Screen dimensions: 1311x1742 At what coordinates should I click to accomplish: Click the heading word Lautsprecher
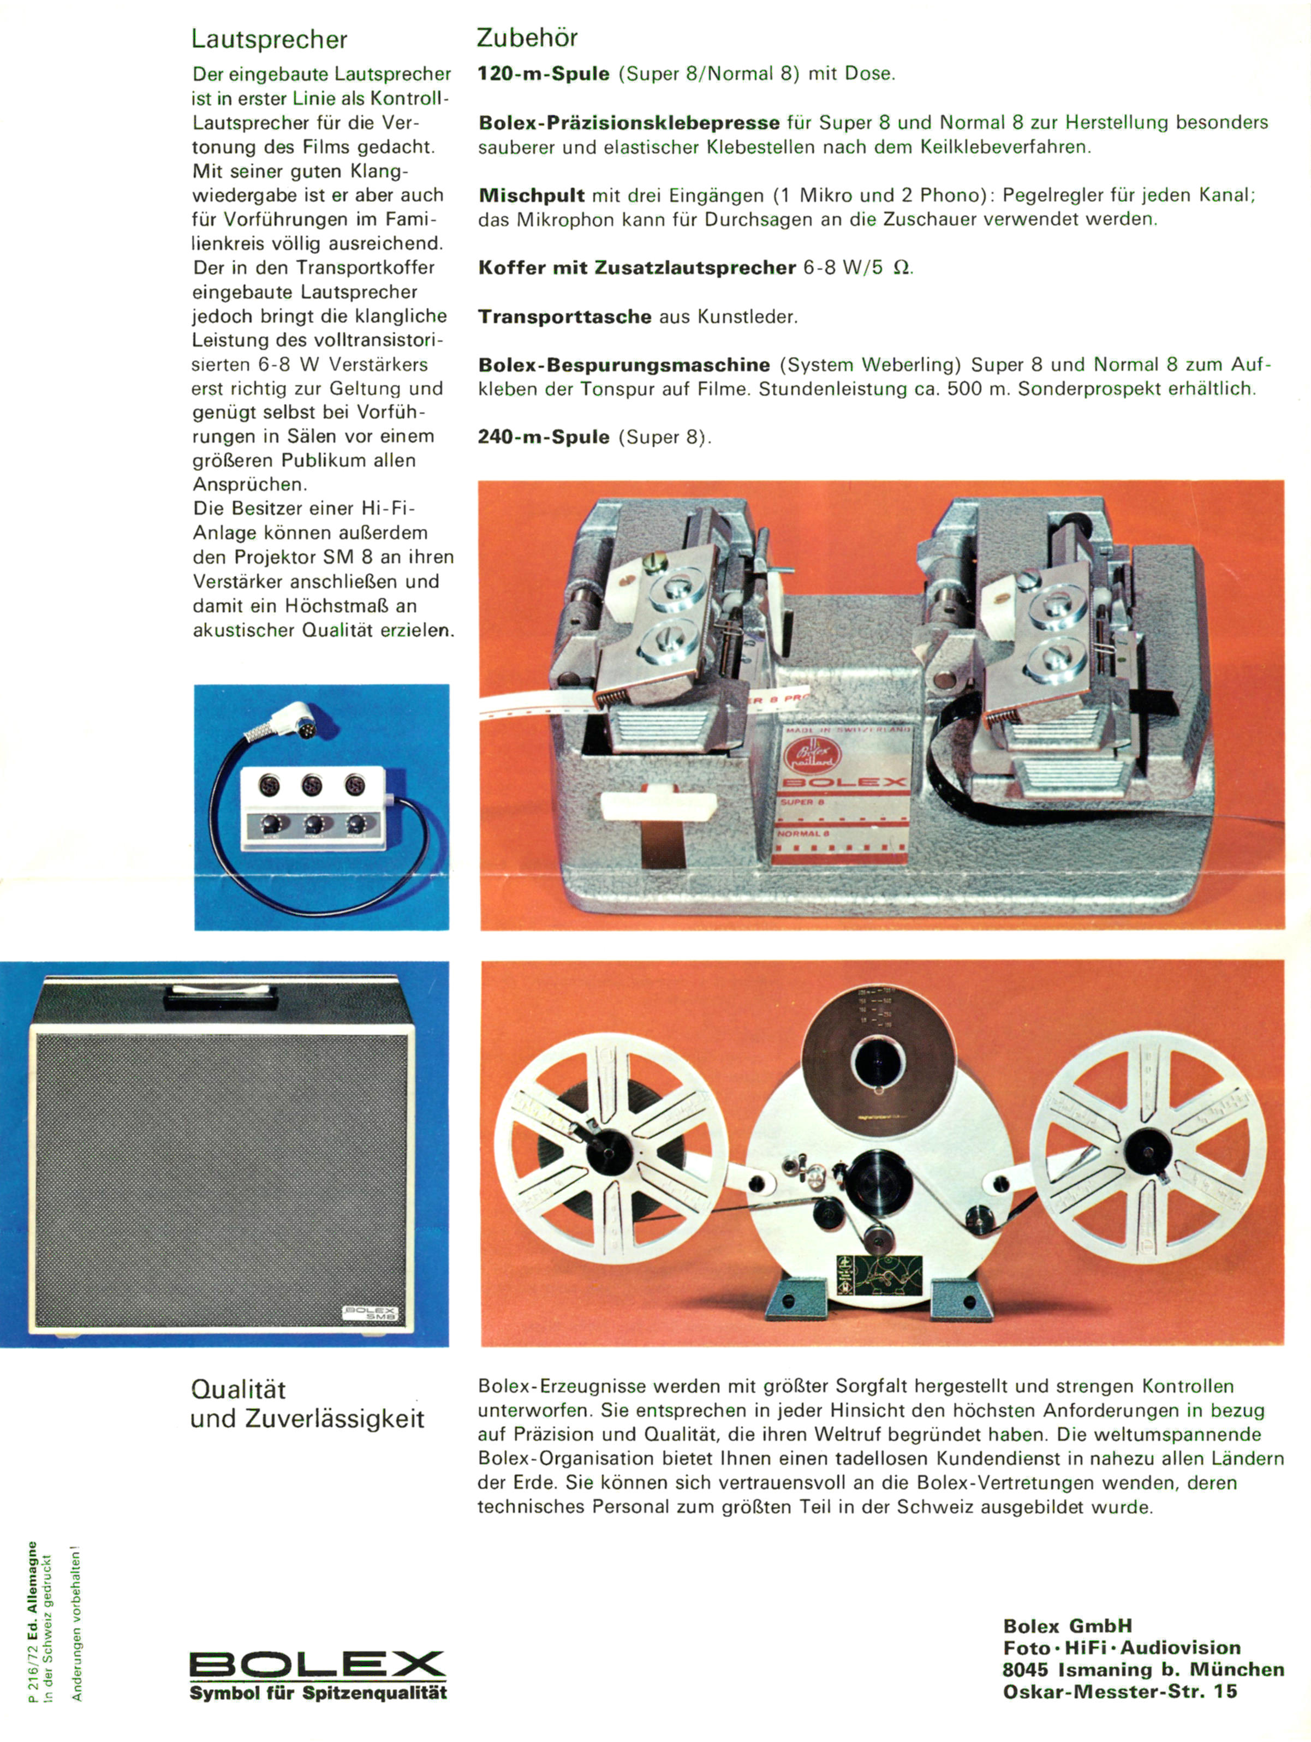coord(269,39)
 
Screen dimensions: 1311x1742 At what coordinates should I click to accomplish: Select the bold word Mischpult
coord(532,196)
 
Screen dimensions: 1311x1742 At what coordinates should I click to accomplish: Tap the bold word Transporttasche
coord(564,317)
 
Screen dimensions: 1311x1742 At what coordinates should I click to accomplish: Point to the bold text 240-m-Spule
coord(543,437)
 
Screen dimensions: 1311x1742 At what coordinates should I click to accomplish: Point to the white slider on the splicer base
coord(658,807)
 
